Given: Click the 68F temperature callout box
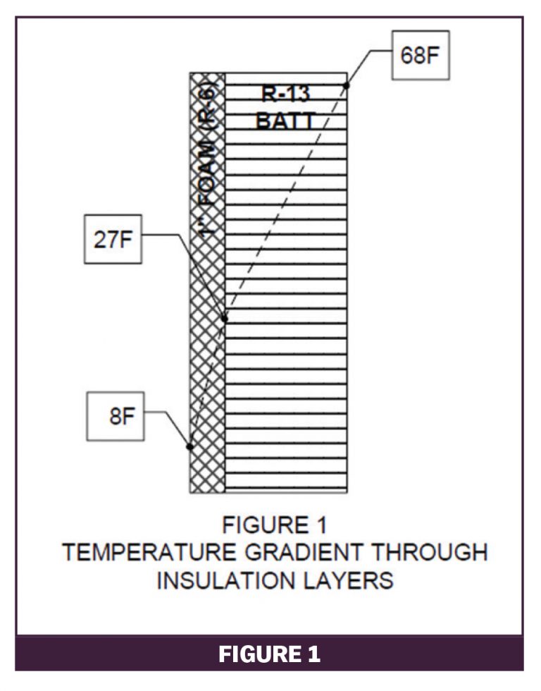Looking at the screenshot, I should coord(420,56).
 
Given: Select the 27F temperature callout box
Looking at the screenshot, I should coord(113,239).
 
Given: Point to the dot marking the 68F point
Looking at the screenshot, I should coord(346,86).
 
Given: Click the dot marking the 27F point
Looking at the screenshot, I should coord(225,319).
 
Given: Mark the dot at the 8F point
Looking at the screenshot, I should coord(189,446).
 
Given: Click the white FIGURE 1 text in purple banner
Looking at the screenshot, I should coord(270,653).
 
